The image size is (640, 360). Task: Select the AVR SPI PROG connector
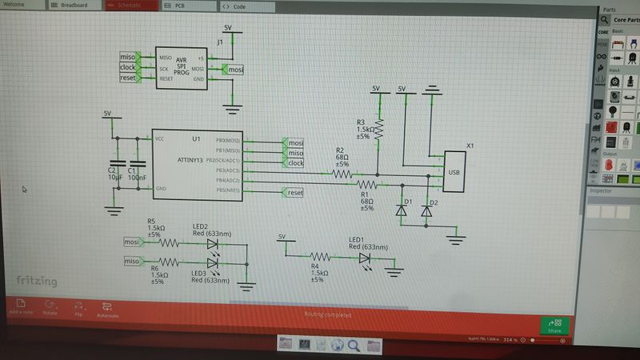(x=182, y=68)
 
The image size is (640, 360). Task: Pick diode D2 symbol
(x=427, y=211)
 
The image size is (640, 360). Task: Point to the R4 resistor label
(x=315, y=266)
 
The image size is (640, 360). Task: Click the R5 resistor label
(x=152, y=221)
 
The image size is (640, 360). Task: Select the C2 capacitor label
(x=111, y=170)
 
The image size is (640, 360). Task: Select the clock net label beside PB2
(x=295, y=163)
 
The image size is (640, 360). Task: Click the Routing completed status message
(x=328, y=314)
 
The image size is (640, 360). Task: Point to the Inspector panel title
(x=602, y=190)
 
